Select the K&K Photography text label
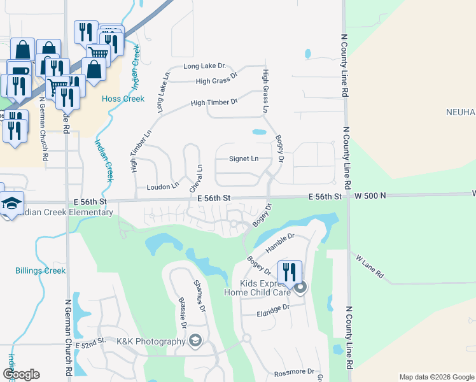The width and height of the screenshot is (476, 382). click(x=150, y=342)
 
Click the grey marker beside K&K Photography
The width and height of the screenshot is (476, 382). click(x=195, y=342)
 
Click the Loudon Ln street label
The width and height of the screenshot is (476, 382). click(x=162, y=187)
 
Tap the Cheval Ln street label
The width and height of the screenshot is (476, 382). click(x=195, y=179)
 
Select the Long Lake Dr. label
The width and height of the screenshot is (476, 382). click(x=205, y=66)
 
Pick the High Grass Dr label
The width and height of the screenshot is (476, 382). click(x=216, y=81)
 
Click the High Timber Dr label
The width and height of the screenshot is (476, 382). click(x=214, y=102)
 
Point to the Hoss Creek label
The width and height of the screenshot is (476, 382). click(x=123, y=99)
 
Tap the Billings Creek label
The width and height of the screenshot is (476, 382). click(x=41, y=271)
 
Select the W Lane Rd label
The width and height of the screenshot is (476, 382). click(x=370, y=266)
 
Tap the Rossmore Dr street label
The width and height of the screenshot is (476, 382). click(x=294, y=371)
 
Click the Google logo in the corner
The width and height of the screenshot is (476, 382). click(x=20, y=374)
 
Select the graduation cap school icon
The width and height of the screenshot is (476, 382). click(x=11, y=204)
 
